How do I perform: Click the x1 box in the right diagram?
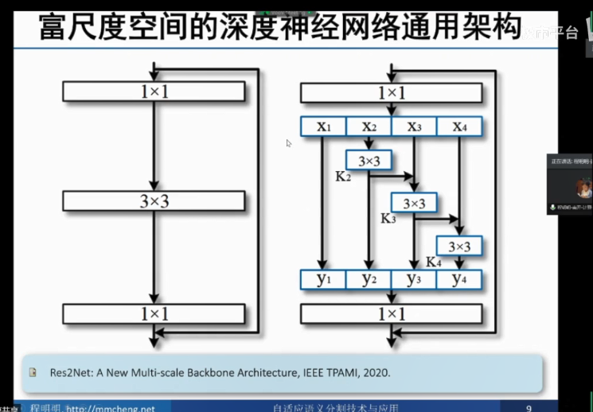[x=322, y=126]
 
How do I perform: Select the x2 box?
[x=369, y=126]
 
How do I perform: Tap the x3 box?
[x=414, y=126]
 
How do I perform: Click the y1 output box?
[x=322, y=279]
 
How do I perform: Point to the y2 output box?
[x=369, y=279]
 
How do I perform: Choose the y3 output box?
[x=414, y=279]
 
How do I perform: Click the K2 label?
[x=343, y=176]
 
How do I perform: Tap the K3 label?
[x=388, y=218]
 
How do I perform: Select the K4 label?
[x=433, y=261]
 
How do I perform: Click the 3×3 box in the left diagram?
[x=154, y=201]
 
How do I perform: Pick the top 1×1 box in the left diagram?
[x=154, y=91]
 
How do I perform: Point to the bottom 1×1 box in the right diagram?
[x=391, y=313]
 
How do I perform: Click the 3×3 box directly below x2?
[x=369, y=161]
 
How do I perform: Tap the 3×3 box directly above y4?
[x=459, y=247]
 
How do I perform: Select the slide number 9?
[x=529, y=408]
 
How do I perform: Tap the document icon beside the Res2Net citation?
[x=34, y=371]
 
